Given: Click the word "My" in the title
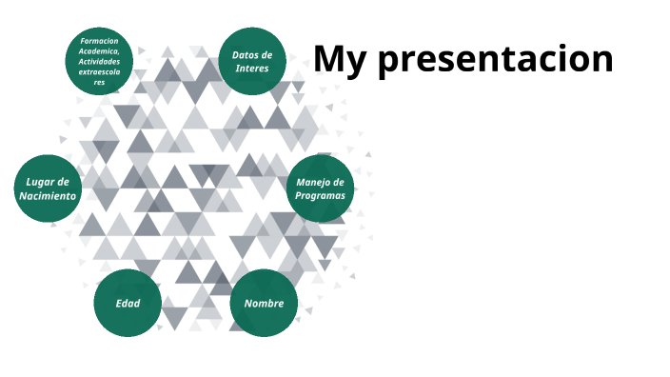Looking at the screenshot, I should coord(341,59).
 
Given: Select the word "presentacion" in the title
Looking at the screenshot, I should coord(495,59).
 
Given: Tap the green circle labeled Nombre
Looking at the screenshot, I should coord(264,303).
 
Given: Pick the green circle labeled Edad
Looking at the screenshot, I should coord(127,303).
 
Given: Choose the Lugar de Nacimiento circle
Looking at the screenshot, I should coord(48,188).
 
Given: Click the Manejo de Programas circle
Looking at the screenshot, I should coord(321,188).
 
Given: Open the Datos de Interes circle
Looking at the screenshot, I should coord(252,61).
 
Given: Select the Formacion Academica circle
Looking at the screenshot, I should coord(99,61).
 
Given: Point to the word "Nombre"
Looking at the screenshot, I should coord(264,303).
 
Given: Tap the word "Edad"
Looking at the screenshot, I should coord(127,303).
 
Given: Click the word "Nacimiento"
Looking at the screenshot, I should coord(48,195).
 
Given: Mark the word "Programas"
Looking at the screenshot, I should coord(321,195).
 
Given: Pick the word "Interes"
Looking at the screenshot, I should coord(252,68).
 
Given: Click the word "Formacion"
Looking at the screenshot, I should coord(99,41).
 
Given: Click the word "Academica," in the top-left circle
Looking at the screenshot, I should coord(99,51).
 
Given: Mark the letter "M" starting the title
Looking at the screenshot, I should coord(329,59).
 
